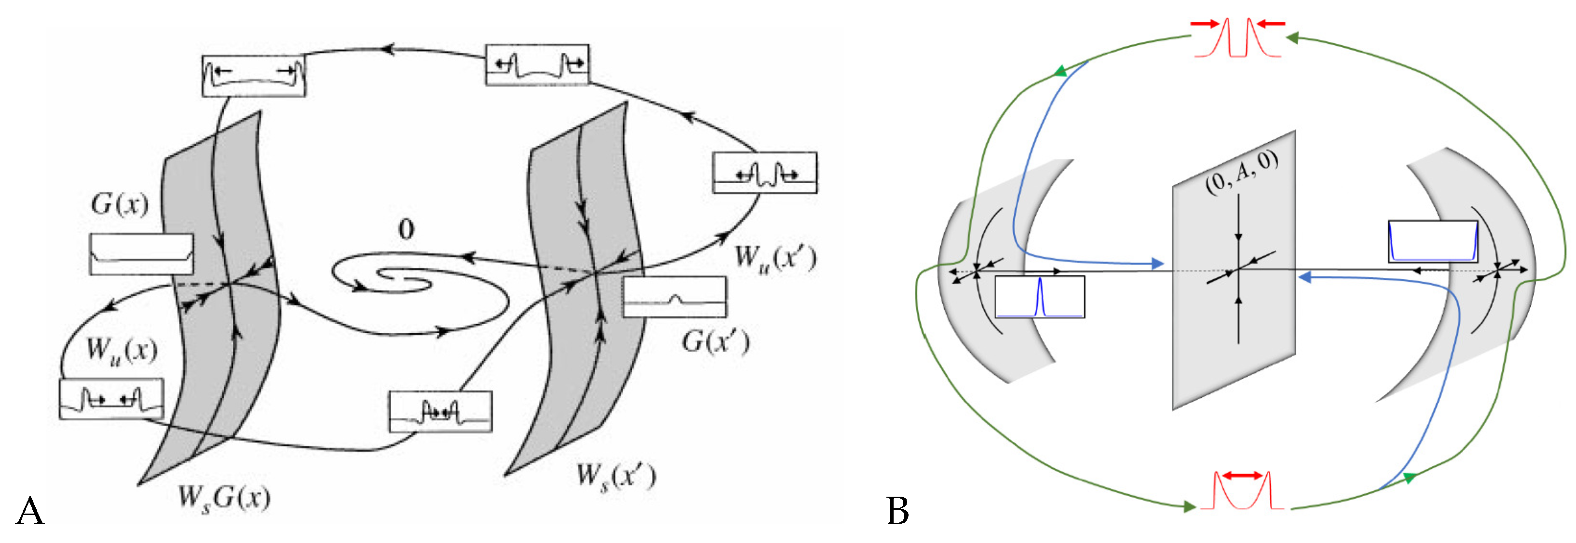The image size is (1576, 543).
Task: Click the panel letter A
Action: (x=30, y=511)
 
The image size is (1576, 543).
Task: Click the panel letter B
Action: (x=897, y=511)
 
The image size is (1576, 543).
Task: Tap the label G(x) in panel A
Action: (x=120, y=204)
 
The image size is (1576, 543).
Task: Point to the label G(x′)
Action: (x=715, y=341)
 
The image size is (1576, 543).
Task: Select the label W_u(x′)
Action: (x=775, y=258)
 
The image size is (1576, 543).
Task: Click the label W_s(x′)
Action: (x=617, y=477)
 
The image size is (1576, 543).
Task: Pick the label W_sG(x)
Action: (x=224, y=498)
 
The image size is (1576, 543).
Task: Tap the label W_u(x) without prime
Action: (x=122, y=351)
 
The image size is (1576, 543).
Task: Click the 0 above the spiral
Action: (x=406, y=230)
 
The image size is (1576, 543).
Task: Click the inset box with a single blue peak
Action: (x=1039, y=297)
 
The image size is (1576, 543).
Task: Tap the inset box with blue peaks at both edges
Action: (x=1433, y=242)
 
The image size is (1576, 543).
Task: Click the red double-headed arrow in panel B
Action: (x=1242, y=475)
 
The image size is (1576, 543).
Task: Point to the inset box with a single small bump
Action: (x=674, y=297)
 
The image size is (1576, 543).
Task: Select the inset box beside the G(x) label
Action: (x=141, y=254)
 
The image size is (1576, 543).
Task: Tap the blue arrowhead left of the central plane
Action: (x=1157, y=264)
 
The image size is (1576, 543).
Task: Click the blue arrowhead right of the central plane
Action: (x=1304, y=278)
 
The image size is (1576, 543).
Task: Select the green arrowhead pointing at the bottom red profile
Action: (x=1190, y=506)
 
